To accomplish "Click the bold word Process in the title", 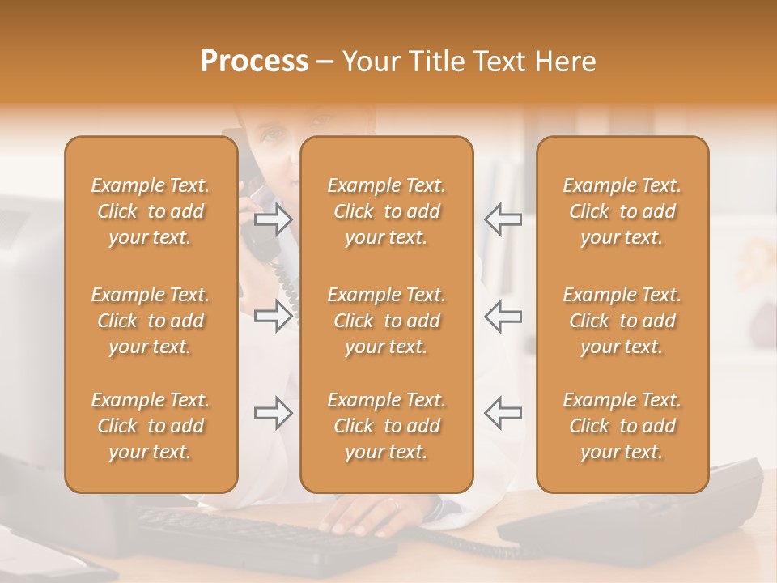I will [x=254, y=62].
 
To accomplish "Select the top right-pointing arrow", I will [x=274, y=219].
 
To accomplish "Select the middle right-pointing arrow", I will [x=274, y=316].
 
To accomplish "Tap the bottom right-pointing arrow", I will [x=274, y=413].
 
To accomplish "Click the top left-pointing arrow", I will [x=503, y=219].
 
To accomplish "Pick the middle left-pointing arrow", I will [x=503, y=316].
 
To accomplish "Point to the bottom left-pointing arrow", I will [x=503, y=413].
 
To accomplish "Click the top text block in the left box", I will [x=151, y=211].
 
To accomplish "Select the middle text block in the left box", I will [x=151, y=321].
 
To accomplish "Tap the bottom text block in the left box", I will [x=151, y=426].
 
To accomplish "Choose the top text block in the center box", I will [x=387, y=211].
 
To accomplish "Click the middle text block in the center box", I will [x=387, y=321].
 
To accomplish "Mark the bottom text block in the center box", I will [x=387, y=426].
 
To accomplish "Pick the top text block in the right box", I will [x=622, y=211].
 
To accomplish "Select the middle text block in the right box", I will [x=622, y=321].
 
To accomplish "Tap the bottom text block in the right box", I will [x=622, y=426].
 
